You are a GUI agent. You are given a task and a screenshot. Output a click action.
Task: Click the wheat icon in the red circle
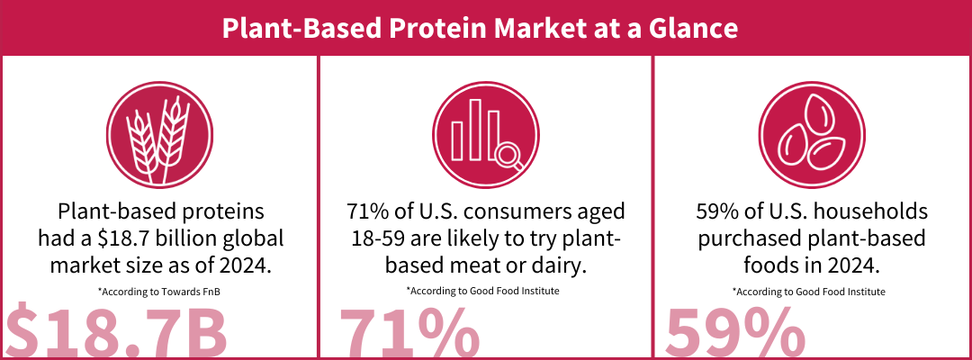click(158, 137)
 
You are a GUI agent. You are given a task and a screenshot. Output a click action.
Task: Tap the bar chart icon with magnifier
click(484, 137)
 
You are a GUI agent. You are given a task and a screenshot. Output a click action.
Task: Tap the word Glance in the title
click(696, 28)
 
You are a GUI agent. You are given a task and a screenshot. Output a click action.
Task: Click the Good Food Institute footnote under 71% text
click(484, 292)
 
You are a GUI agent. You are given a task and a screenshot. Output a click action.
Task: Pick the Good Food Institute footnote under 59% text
click(810, 292)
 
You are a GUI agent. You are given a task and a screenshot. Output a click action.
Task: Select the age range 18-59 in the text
click(373, 239)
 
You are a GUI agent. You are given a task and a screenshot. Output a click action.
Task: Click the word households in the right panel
click(859, 213)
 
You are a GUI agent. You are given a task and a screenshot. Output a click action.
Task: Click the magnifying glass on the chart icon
click(510, 157)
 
